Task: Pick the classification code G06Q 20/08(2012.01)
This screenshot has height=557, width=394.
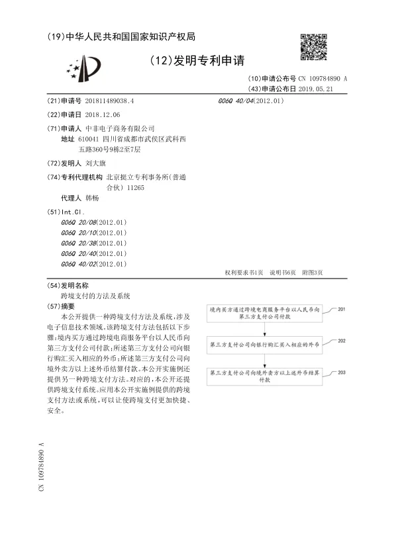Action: coord(93,222)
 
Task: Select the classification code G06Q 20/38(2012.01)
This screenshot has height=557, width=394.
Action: coord(93,243)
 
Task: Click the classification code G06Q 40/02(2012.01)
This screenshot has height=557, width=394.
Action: coord(93,264)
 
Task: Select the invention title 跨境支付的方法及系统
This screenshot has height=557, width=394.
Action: coord(95,296)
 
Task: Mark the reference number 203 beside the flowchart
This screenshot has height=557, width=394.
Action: coord(341,372)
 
